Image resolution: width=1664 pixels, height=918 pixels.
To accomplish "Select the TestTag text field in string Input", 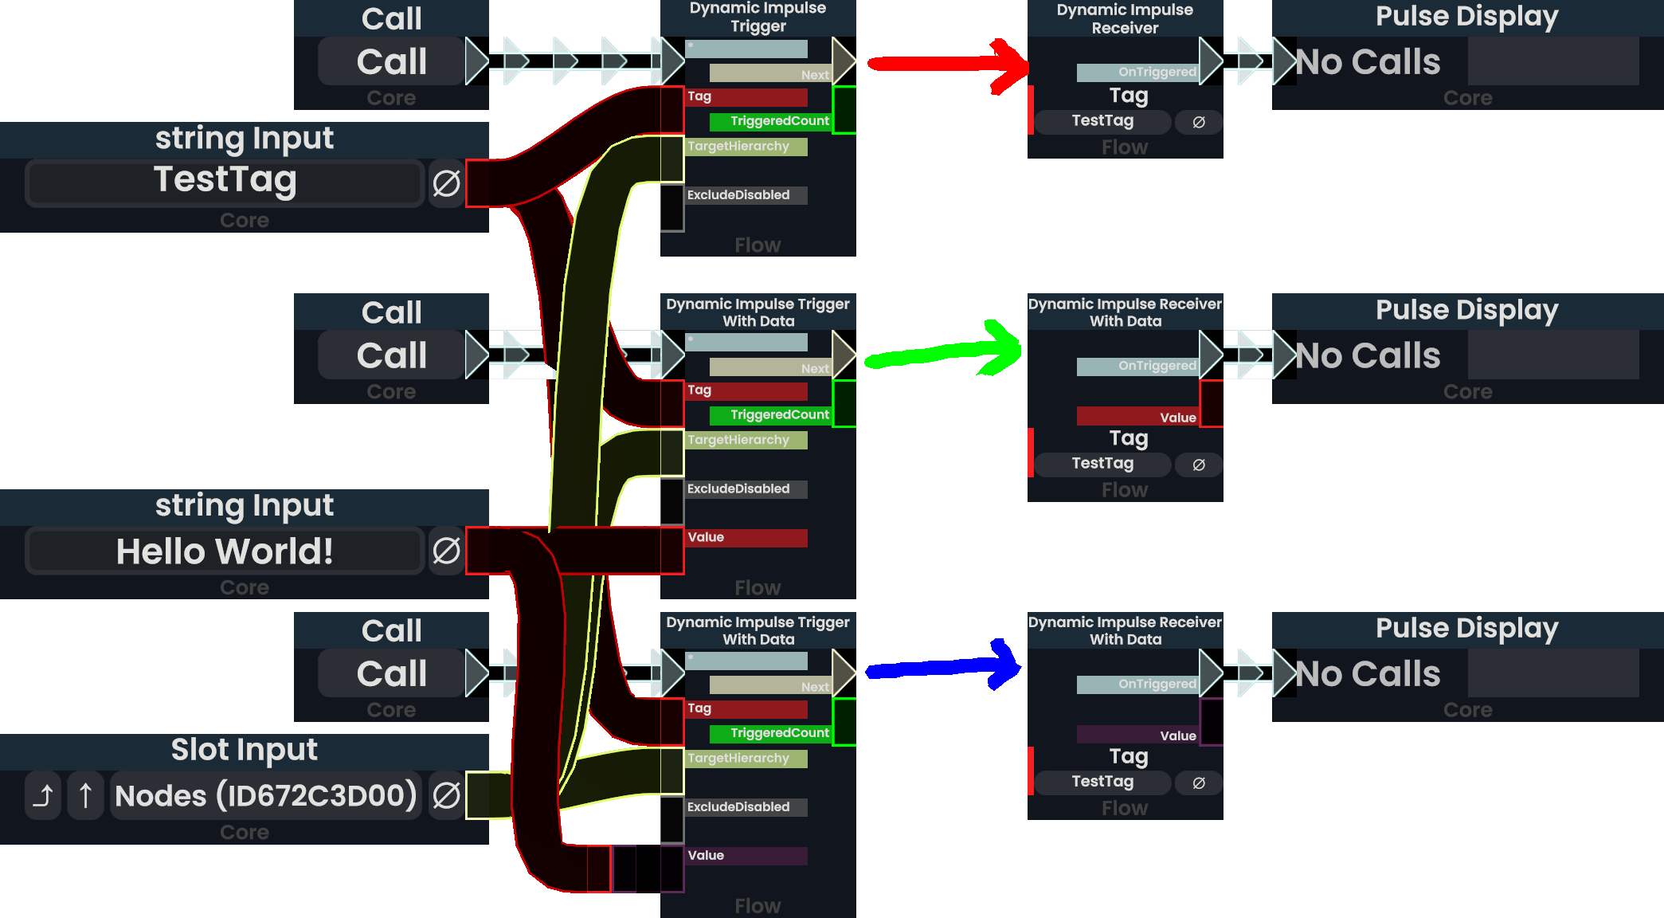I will click(x=225, y=182).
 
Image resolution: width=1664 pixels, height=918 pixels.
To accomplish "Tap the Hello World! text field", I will click(x=225, y=551).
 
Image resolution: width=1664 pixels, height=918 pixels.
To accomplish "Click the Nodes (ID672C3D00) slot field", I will click(x=265, y=795).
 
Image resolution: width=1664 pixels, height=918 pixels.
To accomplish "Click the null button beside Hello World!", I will click(x=446, y=551).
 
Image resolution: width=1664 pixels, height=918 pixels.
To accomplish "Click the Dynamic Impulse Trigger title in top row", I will click(x=758, y=17).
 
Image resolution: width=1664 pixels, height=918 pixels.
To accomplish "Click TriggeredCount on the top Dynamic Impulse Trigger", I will click(x=779, y=121).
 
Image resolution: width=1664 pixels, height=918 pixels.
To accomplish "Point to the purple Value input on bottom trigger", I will click(x=746, y=856).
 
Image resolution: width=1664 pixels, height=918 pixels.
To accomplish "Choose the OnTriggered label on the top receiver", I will click(x=1157, y=73).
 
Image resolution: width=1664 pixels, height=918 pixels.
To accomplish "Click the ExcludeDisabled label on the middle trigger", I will click(x=738, y=488).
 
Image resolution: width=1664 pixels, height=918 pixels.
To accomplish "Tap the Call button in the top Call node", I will click(x=391, y=61).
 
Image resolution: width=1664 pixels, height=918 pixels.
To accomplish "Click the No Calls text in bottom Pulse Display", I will click(x=1367, y=674).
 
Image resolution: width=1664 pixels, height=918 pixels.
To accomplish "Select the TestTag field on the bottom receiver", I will click(x=1102, y=782).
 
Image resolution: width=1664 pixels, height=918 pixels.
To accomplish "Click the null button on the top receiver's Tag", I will click(x=1198, y=122).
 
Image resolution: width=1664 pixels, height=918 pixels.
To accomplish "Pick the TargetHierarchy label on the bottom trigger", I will click(x=738, y=759).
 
